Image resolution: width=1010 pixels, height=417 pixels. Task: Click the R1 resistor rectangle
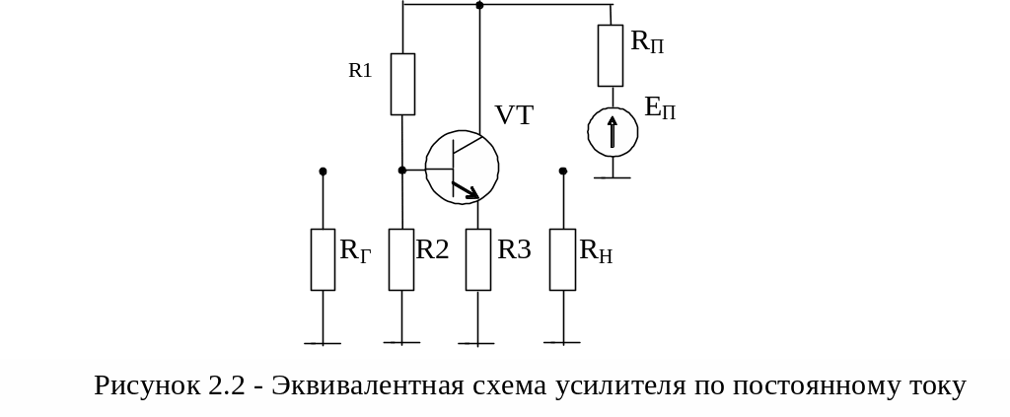point(402,84)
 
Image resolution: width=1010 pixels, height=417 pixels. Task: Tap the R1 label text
point(360,70)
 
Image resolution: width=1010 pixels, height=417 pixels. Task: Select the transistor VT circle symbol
point(462,167)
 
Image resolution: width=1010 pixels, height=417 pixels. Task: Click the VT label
point(514,115)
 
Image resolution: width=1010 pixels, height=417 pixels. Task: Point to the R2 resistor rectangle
point(401,259)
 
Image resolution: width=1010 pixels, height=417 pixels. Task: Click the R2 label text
point(432,249)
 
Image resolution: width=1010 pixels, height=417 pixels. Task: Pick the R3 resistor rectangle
point(478,259)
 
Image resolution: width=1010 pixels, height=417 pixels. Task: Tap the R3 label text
point(514,249)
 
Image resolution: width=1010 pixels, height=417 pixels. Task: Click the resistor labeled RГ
point(323,259)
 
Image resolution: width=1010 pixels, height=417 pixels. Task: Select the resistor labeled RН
point(562,259)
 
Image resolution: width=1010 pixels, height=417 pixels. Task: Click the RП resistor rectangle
point(612,55)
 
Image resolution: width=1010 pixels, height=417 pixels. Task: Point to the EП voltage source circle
point(613,131)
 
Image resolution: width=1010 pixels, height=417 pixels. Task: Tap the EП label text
point(661,107)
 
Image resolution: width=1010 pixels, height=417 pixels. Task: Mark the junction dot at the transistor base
point(402,171)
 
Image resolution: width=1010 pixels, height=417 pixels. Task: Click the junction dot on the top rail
point(479,6)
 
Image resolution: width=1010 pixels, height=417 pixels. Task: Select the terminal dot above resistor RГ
point(323,172)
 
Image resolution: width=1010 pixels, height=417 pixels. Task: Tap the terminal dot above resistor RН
point(563,171)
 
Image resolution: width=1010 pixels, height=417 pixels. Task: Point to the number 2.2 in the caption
point(226,385)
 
